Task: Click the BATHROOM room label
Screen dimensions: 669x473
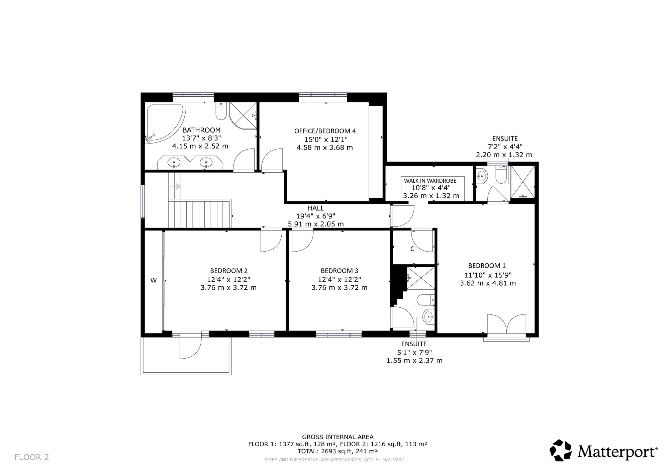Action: [201, 130]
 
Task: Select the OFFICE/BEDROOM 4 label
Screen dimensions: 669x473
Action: [325, 131]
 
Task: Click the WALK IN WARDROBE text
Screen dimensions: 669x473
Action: [430, 181]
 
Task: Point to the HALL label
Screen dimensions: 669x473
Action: [316, 208]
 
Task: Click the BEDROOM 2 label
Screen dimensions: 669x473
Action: [229, 271]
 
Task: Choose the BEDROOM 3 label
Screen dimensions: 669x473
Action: [340, 271]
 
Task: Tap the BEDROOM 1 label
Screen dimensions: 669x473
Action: [487, 266]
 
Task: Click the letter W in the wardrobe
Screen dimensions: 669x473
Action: [154, 280]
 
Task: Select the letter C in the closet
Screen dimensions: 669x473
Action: [412, 249]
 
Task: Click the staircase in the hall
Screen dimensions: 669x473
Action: [200, 213]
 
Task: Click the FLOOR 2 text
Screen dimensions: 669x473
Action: [32, 457]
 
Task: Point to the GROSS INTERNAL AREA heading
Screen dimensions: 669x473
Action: [338, 437]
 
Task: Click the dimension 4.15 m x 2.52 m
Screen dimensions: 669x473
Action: [200, 146]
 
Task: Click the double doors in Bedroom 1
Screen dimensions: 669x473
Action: [507, 324]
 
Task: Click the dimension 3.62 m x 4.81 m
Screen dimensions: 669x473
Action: [488, 283]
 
